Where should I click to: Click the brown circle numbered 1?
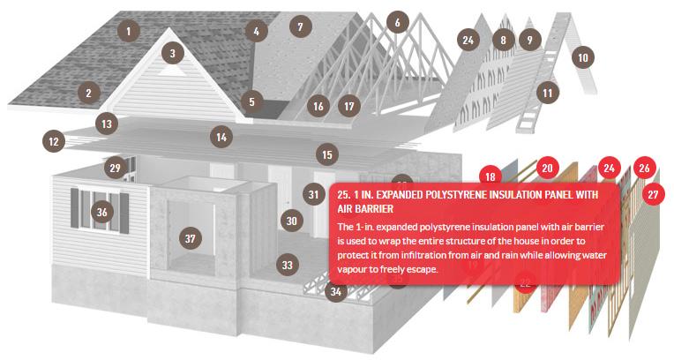coord(128,31)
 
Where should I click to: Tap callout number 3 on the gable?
coord(173,53)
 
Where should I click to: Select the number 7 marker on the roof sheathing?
coord(300,26)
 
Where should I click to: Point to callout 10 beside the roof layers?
coord(583,57)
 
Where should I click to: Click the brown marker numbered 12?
coord(54,141)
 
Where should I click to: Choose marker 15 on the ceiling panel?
coord(327,154)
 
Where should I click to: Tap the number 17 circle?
coord(349,106)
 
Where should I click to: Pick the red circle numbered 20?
coord(547,168)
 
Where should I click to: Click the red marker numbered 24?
coord(609,168)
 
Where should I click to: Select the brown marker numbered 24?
coord(468,40)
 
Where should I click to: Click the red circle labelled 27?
coord(654,194)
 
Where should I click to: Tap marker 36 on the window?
coord(101,212)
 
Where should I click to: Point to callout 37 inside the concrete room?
coord(190,238)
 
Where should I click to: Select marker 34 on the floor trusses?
coord(336,291)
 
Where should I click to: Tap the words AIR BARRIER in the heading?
coord(366,209)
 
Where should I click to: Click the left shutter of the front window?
coord(75,209)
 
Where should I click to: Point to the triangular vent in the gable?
coord(172,71)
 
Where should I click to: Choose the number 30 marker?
coord(292,221)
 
